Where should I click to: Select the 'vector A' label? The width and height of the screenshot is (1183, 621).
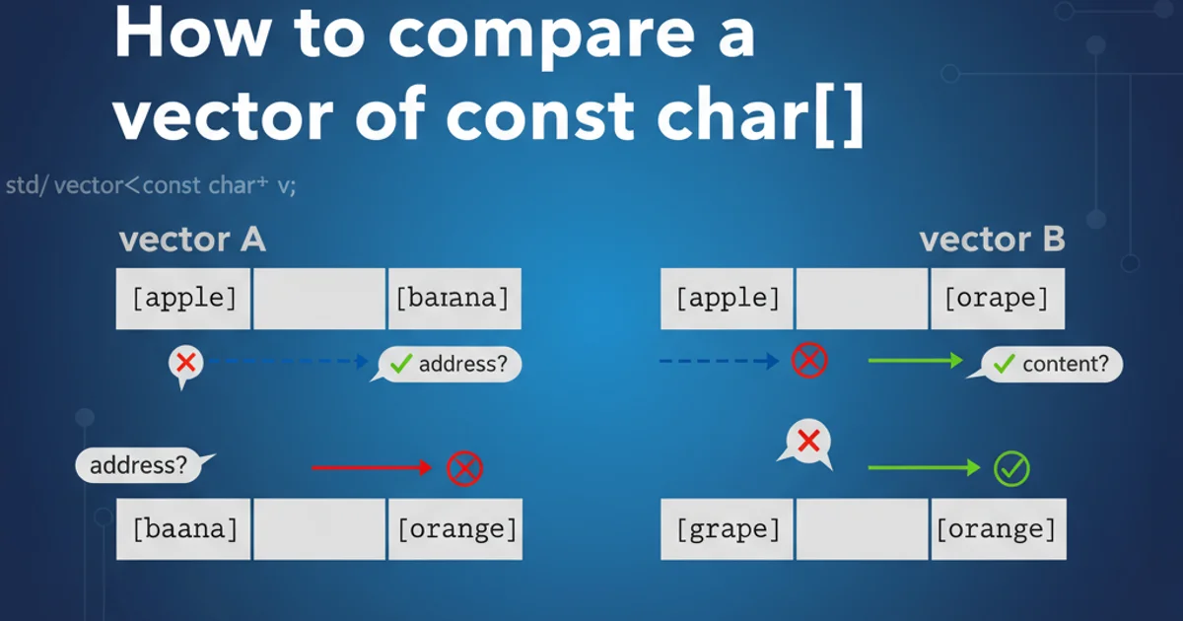click(192, 240)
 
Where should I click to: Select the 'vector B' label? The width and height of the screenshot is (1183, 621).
click(993, 240)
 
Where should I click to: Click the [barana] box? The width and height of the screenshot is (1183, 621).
click(454, 299)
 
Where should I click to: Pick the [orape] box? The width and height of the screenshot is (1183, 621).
click(998, 299)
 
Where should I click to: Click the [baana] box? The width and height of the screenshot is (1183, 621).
click(183, 529)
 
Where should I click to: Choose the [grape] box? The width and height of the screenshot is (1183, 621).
click(727, 529)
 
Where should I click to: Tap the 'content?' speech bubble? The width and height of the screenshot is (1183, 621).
click(1046, 364)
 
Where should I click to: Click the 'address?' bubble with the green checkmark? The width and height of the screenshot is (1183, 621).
click(447, 364)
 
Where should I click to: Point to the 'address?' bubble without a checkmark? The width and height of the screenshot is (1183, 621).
click(143, 465)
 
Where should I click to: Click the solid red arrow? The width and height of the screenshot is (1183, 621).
click(372, 467)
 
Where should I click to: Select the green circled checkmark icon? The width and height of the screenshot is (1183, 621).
click(1011, 469)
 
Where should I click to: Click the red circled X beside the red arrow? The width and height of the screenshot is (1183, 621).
click(464, 468)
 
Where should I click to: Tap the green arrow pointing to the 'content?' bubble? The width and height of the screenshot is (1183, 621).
click(916, 361)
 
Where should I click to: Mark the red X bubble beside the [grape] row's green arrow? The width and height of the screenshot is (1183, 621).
click(806, 443)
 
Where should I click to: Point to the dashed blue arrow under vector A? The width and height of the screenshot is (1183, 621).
click(288, 361)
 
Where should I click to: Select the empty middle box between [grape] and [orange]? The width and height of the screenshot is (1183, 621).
click(862, 529)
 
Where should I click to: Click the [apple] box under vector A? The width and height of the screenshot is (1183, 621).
click(183, 299)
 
